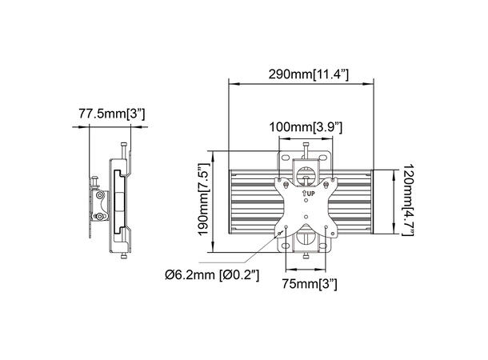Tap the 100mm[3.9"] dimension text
(x=306, y=126)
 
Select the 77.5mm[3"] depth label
(x=111, y=114)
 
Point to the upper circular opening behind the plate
(x=306, y=171)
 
